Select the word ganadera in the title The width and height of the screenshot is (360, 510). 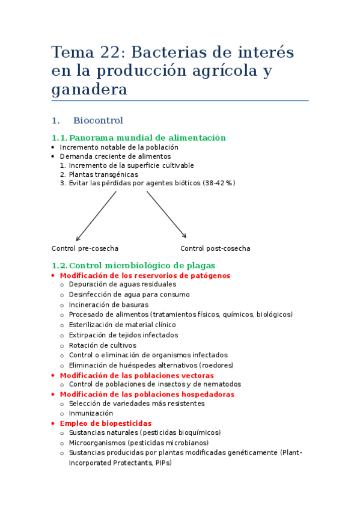[90, 90]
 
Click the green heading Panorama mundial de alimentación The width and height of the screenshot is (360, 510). [147, 138]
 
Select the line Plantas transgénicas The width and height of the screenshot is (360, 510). [103, 174]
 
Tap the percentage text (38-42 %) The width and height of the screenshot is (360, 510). [219, 183]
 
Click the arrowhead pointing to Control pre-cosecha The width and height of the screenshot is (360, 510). [76, 239]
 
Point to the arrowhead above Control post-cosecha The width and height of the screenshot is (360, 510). [185, 236]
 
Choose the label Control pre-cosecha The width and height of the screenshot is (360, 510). [85, 248]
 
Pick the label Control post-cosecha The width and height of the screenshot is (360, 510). [215, 248]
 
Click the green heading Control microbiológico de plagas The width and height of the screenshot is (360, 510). [142, 265]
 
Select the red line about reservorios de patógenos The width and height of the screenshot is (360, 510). [145, 275]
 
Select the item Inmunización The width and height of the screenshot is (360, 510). [91, 413]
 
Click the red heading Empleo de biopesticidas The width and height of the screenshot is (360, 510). [106, 423]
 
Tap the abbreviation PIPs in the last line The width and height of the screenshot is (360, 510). [162, 463]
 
